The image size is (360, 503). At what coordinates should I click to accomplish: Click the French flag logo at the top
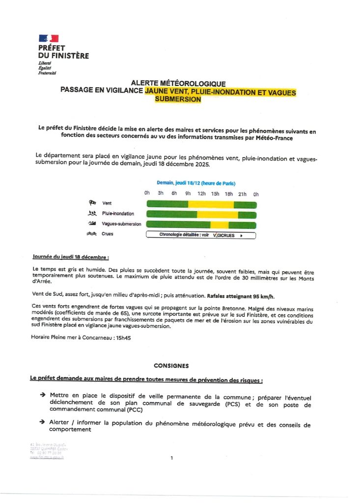pos(48,38)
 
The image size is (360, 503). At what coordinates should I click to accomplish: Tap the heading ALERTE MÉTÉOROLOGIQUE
pos(178,84)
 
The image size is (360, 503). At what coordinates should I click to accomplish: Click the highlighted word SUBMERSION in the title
pos(178,99)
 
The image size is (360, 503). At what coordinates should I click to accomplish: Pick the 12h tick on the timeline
pos(201,194)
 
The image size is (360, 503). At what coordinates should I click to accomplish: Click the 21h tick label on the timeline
pos(242,194)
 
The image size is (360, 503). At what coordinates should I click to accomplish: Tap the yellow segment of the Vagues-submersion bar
pos(220,224)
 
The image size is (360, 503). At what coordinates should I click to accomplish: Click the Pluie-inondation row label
pos(118,214)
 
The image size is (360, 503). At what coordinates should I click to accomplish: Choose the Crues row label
pos(108,234)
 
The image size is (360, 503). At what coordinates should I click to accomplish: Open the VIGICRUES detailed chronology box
pos(201,235)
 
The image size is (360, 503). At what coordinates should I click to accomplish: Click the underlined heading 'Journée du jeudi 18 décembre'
pos(71,257)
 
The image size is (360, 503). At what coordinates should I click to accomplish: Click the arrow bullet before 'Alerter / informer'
pos(43,422)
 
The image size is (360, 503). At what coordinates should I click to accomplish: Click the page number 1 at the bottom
pos(172,458)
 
